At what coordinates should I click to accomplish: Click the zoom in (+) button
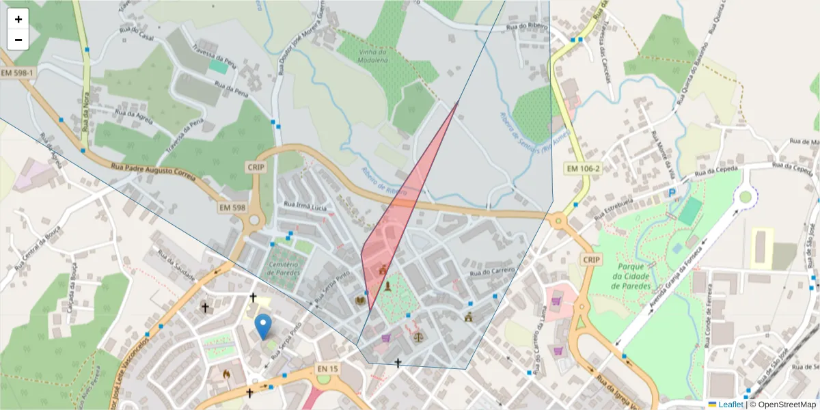coord(18,19)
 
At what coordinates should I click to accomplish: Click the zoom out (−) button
coord(18,40)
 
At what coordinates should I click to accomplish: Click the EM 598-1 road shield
coord(17,73)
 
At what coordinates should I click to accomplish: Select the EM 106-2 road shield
coord(583,168)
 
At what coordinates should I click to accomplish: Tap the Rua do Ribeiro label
coord(525,28)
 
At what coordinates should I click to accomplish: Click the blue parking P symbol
coord(672,193)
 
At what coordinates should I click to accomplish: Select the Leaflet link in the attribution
coord(725,404)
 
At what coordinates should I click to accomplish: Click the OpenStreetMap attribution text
coord(784,404)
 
